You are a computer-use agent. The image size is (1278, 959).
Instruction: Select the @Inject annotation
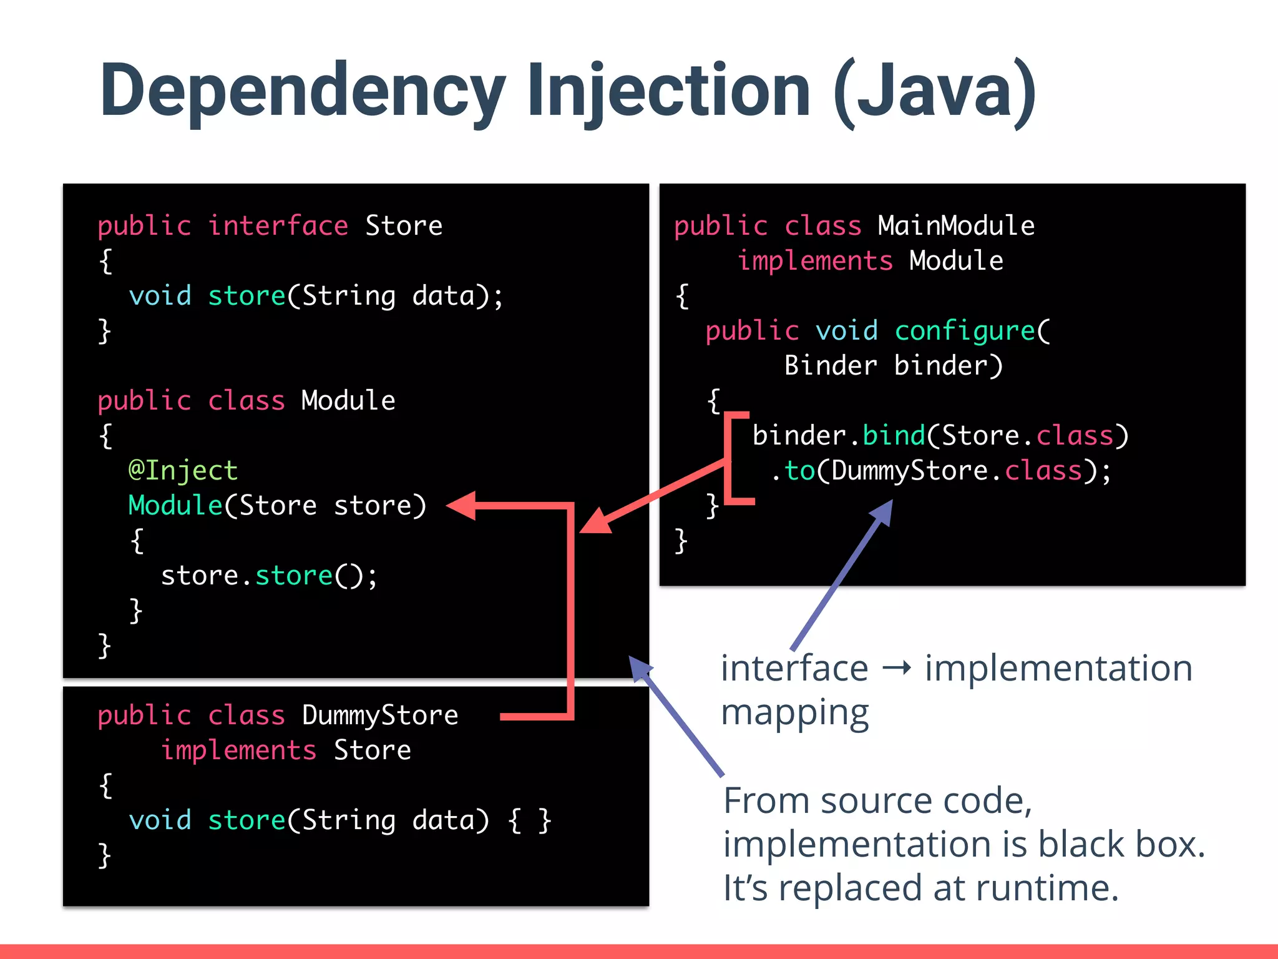click(183, 471)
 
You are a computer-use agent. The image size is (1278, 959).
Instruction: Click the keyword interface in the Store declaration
click(278, 226)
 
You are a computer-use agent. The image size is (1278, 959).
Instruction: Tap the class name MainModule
click(956, 226)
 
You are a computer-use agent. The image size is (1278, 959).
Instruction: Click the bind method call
click(894, 436)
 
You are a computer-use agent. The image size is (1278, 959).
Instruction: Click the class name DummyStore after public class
click(380, 716)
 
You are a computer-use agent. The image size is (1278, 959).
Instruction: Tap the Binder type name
click(831, 366)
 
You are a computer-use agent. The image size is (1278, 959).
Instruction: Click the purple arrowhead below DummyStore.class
click(882, 513)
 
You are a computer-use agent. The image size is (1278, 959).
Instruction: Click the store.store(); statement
click(269, 576)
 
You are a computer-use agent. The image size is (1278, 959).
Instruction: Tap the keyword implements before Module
click(815, 261)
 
